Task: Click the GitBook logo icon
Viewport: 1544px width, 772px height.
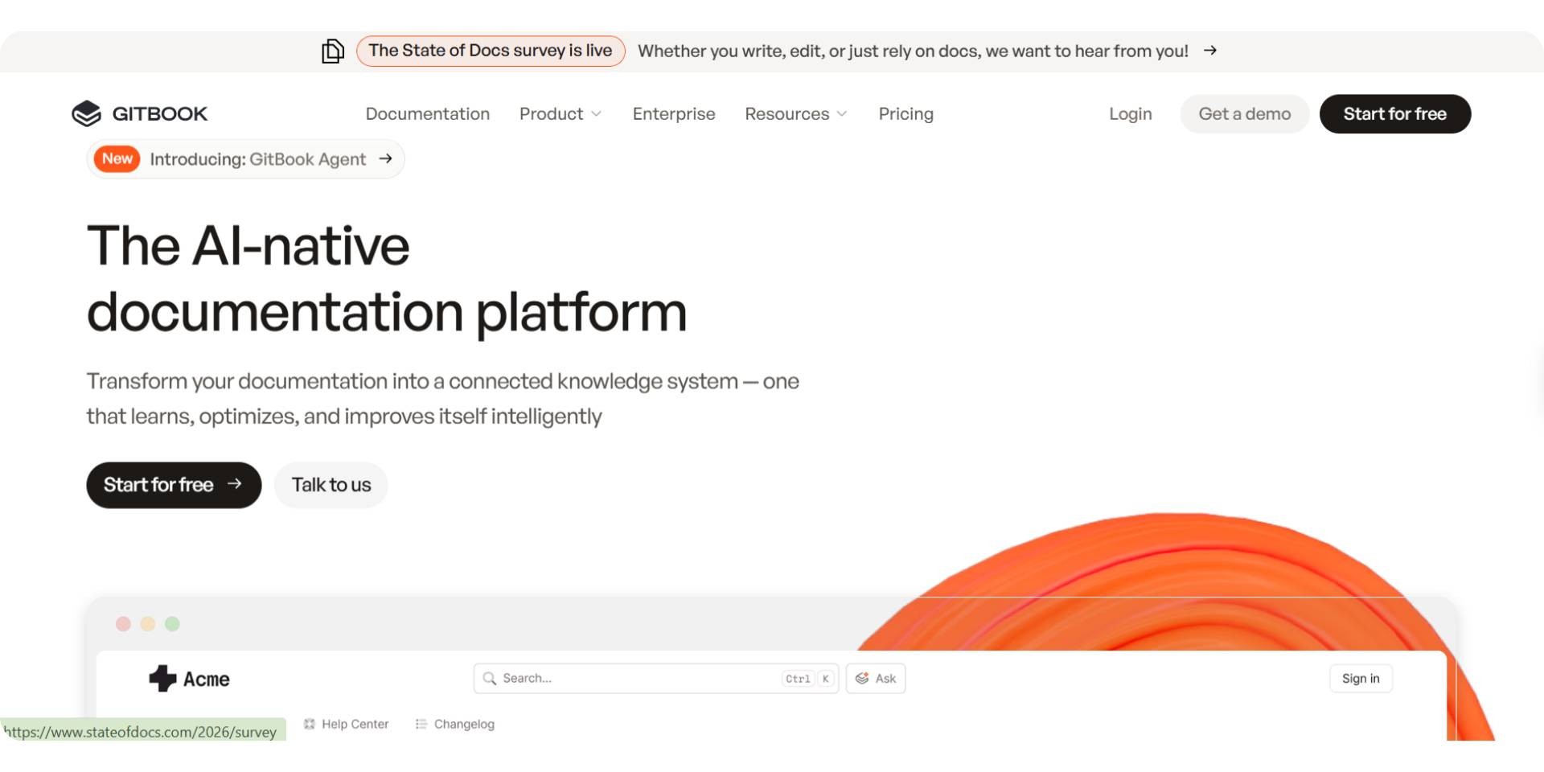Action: tap(86, 114)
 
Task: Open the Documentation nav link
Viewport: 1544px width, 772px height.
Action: tap(427, 114)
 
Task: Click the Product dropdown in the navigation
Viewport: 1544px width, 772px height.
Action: tap(560, 114)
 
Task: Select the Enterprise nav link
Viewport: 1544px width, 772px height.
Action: tap(673, 114)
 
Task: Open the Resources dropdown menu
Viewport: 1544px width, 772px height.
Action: tap(795, 114)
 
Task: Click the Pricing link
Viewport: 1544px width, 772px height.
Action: tap(905, 114)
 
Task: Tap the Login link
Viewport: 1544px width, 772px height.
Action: tap(1130, 114)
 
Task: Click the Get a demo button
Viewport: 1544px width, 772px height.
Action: tap(1244, 114)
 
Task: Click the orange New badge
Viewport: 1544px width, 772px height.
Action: tap(117, 159)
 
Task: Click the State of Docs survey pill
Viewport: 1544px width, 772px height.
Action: tap(491, 51)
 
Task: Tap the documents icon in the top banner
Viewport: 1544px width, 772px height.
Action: tap(332, 51)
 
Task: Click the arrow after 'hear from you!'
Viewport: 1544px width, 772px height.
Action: tap(1209, 51)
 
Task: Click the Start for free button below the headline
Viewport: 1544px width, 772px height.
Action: tap(174, 485)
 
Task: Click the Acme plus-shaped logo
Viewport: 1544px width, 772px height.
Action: tap(162, 679)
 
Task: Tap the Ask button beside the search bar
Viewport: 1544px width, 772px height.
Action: tap(876, 679)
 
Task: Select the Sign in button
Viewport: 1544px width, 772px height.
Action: tap(1360, 679)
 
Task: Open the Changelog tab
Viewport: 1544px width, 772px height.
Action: tap(455, 725)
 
